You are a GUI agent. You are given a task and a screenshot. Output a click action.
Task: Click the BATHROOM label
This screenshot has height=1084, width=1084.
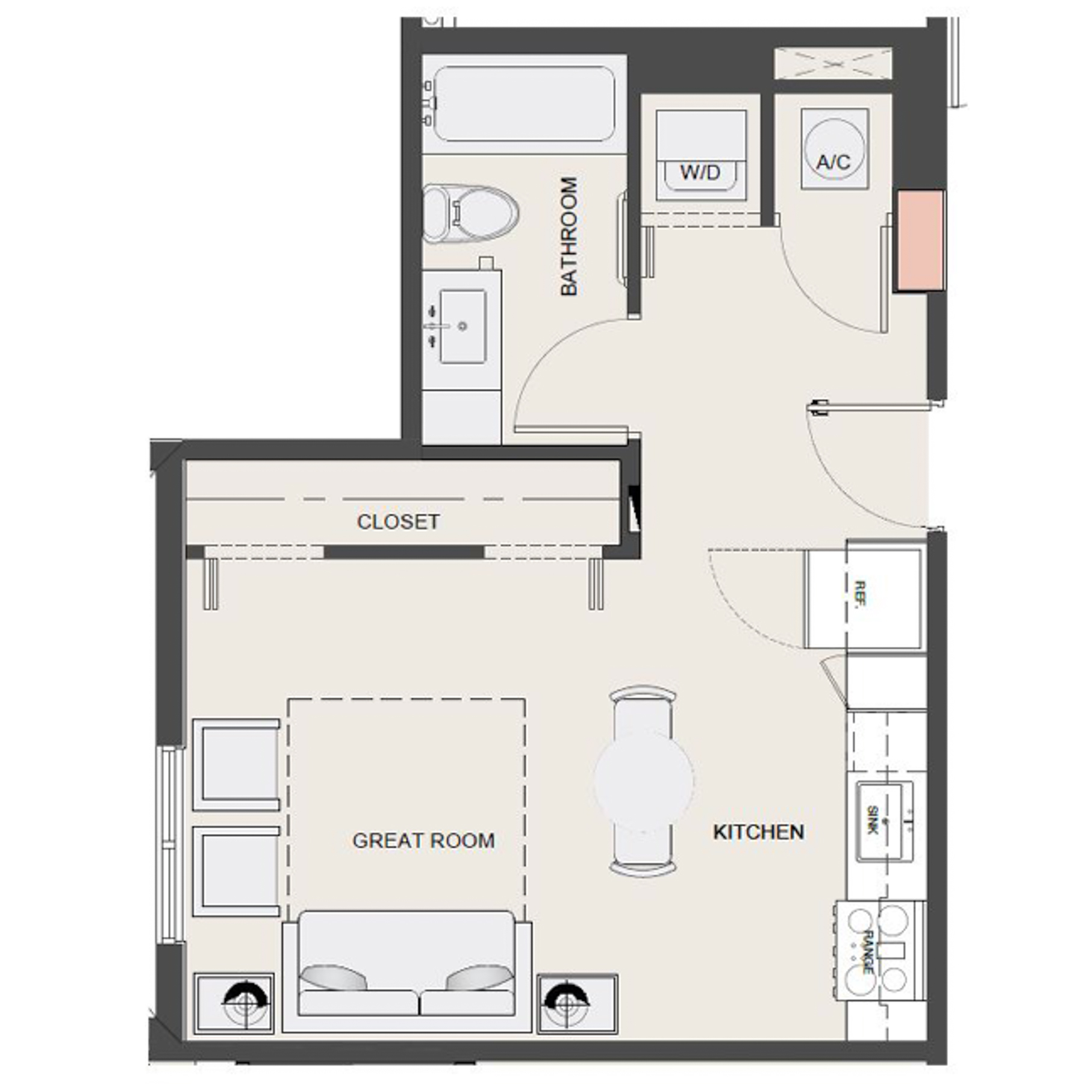coord(568,236)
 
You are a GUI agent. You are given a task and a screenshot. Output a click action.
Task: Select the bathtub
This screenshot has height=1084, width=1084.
coord(524,104)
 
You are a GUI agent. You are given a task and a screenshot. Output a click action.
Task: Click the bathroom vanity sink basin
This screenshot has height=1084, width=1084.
coord(463,326)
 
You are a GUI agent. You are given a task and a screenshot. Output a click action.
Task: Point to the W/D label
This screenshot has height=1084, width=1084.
coord(700,172)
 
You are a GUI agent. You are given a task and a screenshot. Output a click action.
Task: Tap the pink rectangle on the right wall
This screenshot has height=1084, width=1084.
coord(920,240)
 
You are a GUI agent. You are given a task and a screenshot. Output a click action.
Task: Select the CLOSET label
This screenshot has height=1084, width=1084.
coord(398,522)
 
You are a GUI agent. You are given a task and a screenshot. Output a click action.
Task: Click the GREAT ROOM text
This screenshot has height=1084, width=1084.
coord(423,840)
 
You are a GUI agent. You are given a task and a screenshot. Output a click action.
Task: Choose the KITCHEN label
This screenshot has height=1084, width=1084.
coord(758,832)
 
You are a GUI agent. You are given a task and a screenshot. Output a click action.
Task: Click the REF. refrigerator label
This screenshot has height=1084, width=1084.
coord(859,593)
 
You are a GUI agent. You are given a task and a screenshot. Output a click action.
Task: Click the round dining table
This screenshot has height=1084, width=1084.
coord(643,782)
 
